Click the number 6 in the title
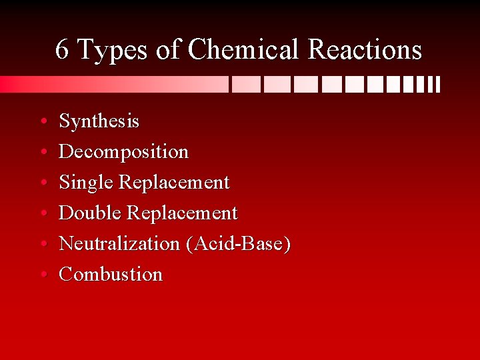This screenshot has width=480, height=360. point(62,49)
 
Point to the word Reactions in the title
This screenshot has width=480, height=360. point(365,49)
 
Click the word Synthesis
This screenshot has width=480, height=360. point(99,121)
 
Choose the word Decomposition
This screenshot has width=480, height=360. point(124,152)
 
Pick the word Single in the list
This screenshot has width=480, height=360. point(86,183)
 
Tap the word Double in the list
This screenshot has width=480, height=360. point(90,213)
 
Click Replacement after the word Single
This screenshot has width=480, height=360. point(174,183)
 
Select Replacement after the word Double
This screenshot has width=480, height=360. point(182,213)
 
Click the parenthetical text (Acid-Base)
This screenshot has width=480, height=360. point(239,244)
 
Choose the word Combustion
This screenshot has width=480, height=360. point(111,275)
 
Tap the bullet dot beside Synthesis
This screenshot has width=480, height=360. point(43,122)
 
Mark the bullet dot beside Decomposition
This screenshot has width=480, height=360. point(43,153)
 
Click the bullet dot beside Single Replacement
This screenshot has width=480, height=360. point(43,183)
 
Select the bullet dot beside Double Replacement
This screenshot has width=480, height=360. point(43,214)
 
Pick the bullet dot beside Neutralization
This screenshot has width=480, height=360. point(43,245)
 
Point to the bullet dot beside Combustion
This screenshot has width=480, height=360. point(43,275)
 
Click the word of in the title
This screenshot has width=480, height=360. point(169,49)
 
